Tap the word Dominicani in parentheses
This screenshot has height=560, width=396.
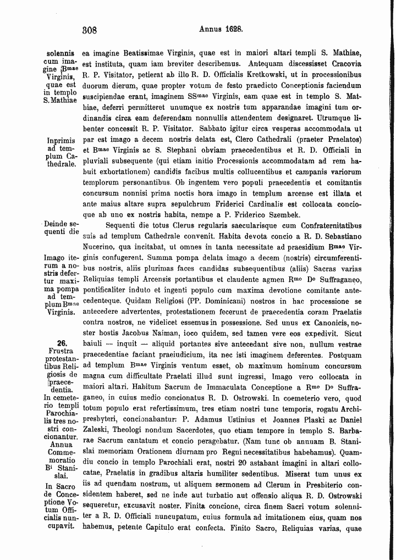pyautogui.click(x=195, y=301)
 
